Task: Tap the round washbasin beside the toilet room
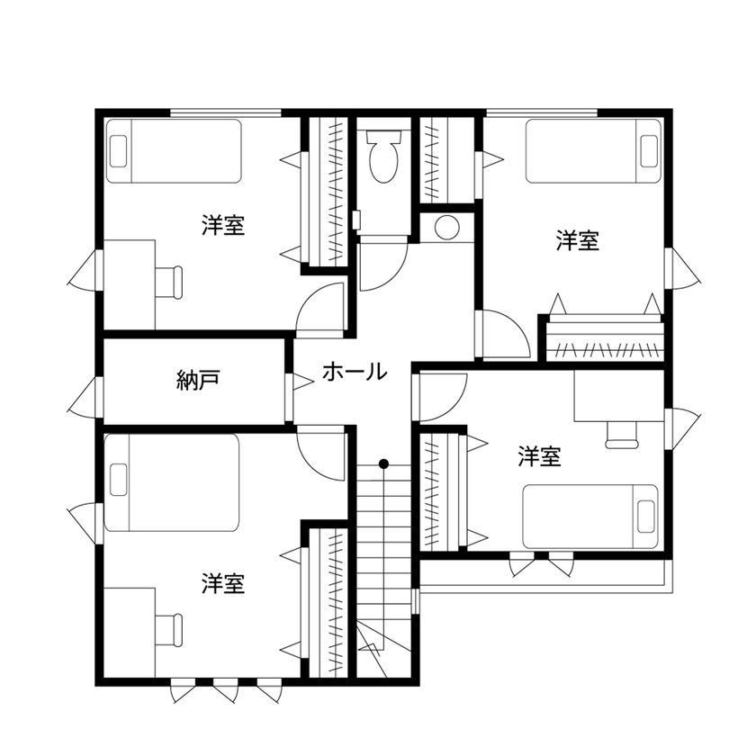(445, 228)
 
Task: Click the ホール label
(354, 371)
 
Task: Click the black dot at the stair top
(383, 464)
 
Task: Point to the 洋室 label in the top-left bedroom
(224, 225)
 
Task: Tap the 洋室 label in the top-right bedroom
(578, 240)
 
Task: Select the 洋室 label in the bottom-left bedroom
(224, 583)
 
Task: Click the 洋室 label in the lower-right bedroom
(540, 457)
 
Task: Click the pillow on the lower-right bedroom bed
(646, 516)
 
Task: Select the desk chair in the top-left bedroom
(169, 280)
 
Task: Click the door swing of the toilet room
(383, 266)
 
